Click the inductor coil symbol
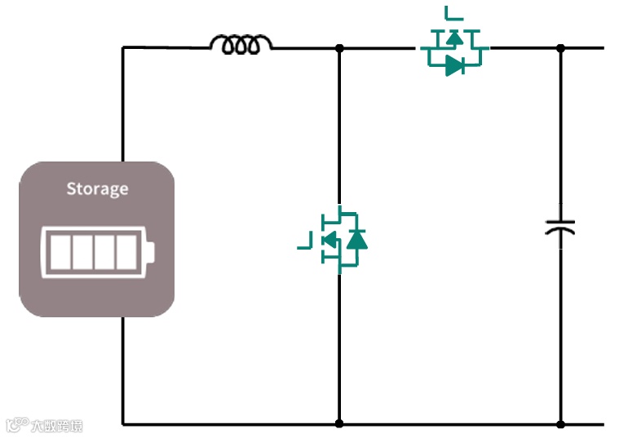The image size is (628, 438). coord(241,44)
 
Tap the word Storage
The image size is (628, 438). coord(97,189)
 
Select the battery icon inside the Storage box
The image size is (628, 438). coord(97,251)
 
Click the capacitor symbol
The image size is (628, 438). coord(560,227)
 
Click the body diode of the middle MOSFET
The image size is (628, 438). coord(356,239)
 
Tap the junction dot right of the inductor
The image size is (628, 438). coord(339,48)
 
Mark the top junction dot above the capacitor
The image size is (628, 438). coord(560,48)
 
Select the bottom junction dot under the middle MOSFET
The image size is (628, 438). coord(339,423)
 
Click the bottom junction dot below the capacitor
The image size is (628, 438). coord(560,423)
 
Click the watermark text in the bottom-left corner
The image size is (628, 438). coord(46,425)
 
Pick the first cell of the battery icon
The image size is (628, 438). coord(60,251)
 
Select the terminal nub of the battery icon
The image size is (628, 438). coord(151,251)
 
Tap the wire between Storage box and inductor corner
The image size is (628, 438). coord(123,102)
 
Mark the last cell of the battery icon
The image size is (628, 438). coord(127,251)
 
